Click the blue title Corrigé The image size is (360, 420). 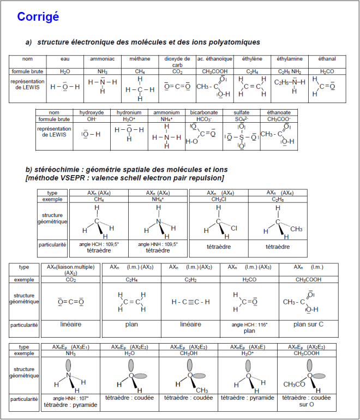point(38,17)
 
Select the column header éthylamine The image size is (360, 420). point(290,58)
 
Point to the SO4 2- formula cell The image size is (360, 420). point(241,119)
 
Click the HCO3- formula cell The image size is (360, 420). point(203,119)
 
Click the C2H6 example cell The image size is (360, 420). point(278,200)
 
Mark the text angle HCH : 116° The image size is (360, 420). point(249,325)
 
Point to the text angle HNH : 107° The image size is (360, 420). point(70,398)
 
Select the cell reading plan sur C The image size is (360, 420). point(308,324)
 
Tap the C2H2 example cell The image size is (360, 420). point(190,279)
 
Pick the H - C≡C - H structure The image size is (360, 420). point(190,302)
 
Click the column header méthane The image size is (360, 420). point(140,58)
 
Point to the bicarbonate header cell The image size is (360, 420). point(203,112)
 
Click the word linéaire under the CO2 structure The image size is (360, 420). point(70,324)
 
